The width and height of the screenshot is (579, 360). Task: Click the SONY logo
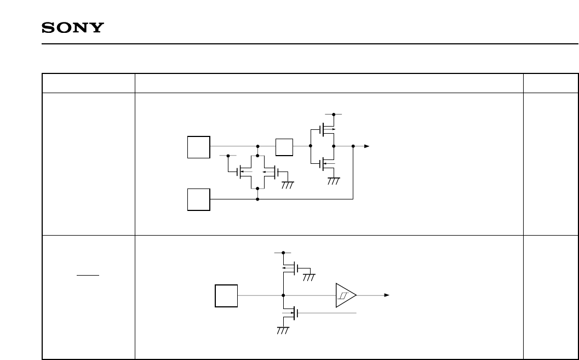pyautogui.click(x=73, y=28)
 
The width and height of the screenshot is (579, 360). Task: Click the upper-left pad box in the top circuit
pyautogui.click(x=198, y=147)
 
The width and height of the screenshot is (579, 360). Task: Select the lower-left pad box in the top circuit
pyautogui.click(x=198, y=199)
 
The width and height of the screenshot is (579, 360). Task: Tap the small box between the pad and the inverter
pyautogui.click(x=284, y=147)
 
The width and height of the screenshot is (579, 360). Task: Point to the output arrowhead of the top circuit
pyautogui.click(x=367, y=146)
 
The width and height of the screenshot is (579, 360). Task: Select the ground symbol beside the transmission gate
pyautogui.click(x=288, y=185)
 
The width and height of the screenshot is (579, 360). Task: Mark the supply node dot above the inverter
pyautogui.click(x=334, y=115)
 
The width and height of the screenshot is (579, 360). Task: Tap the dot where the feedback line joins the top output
pyautogui.click(x=353, y=146)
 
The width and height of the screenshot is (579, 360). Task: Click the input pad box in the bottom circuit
pyautogui.click(x=226, y=295)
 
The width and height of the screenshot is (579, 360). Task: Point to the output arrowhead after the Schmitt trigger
pyautogui.click(x=386, y=295)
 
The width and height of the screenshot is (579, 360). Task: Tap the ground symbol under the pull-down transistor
pyautogui.click(x=283, y=330)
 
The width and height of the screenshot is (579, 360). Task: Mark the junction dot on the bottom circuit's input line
pyautogui.click(x=283, y=295)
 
